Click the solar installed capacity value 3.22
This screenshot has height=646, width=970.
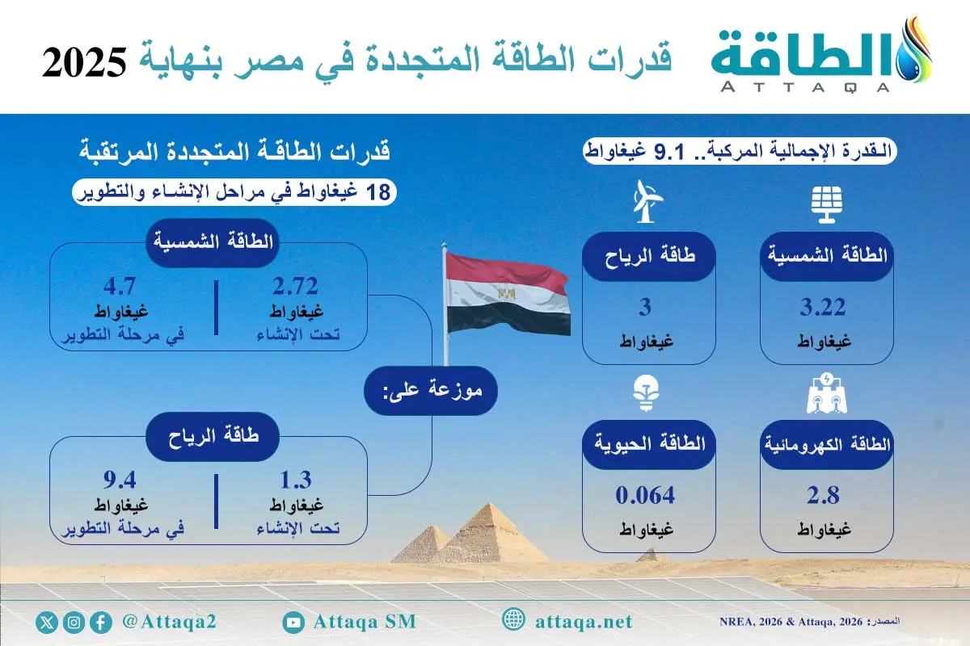[x=825, y=308]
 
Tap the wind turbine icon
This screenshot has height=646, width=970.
[x=647, y=202]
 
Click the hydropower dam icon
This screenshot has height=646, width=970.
[x=826, y=393]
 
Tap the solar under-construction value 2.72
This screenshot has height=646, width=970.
[x=296, y=286]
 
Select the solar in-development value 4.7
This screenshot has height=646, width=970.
[x=123, y=286]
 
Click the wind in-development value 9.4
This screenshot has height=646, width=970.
[x=123, y=480]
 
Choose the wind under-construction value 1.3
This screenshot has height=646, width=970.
[x=296, y=480]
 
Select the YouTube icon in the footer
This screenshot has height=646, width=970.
[x=293, y=622]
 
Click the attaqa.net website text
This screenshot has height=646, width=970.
[x=584, y=622]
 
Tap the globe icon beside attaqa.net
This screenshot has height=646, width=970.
[x=513, y=621]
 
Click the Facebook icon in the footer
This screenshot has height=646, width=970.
[x=101, y=623]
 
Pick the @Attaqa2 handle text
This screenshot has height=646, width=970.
[x=168, y=622]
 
